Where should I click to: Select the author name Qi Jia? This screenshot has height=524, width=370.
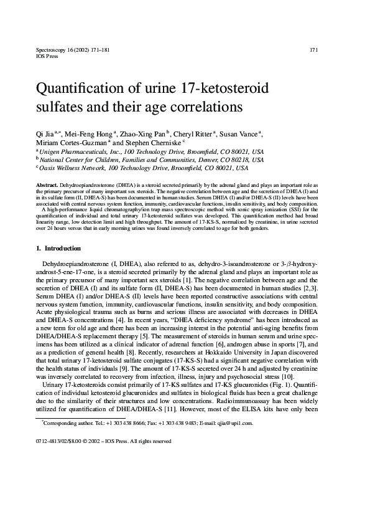(x=45, y=133)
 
